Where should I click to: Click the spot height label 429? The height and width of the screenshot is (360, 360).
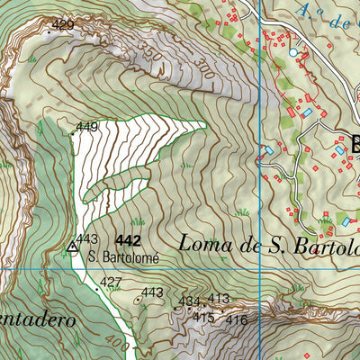tap(63, 25)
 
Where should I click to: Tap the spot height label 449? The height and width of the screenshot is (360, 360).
tap(86, 127)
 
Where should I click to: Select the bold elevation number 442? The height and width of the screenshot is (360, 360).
tap(129, 240)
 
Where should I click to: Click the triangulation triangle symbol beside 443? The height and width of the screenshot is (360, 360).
tap(72, 245)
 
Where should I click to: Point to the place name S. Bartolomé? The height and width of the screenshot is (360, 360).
tap(123, 256)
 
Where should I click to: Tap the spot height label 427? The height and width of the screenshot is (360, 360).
tap(111, 283)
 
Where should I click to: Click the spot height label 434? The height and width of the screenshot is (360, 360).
tap(189, 301)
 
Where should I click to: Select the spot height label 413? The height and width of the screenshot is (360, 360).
tap(219, 299)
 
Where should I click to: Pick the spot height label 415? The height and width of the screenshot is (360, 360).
tap(203, 318)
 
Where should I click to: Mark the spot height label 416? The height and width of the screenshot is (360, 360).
tap(237, 319)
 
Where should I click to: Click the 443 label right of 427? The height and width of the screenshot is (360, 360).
tap(151, 292)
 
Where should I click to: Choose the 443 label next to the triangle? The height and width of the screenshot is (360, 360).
tap(86, 238)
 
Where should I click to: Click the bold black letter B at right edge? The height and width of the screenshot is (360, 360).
tap(355, 142)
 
